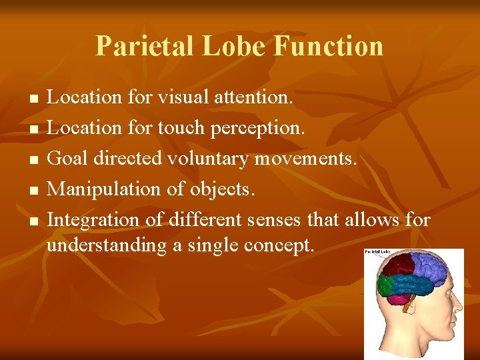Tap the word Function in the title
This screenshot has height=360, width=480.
(329, 46)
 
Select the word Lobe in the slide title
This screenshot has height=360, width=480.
(227, 46)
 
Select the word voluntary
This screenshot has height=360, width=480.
(227, 159)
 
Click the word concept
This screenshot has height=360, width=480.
(279, 245)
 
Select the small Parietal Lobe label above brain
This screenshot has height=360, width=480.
(377, 253)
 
